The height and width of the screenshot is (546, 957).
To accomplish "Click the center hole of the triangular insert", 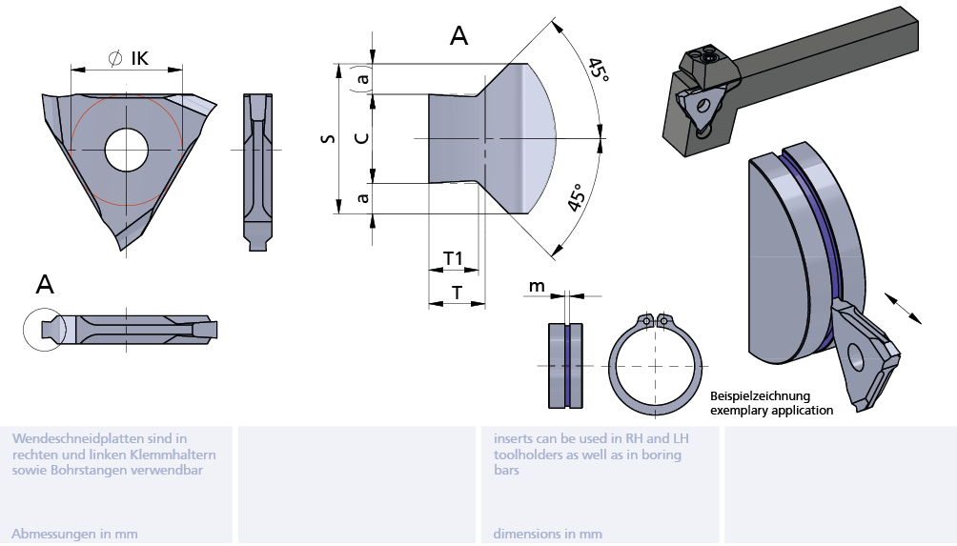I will coord(127,150).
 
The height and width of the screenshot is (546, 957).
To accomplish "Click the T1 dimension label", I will coord(453,259).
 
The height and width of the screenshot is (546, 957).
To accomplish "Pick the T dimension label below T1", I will coord(457,293).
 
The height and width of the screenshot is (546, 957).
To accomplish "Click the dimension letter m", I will coord(537,286).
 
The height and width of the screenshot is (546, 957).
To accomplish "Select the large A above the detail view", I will coord(458,36).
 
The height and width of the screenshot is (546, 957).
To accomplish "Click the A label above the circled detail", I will coord(45,284).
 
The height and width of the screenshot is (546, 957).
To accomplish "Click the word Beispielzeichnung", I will coord(760,396).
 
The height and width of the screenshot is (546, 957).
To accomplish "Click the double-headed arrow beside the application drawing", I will coord(903,309).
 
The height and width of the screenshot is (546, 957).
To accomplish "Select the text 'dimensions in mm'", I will coord(547,534).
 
